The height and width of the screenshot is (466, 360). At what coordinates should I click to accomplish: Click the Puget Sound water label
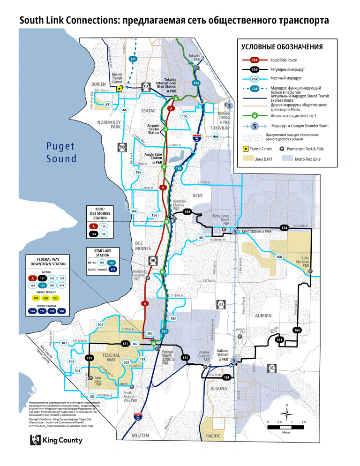point(61,152)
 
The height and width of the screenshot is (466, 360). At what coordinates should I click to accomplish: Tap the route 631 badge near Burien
point(108,104)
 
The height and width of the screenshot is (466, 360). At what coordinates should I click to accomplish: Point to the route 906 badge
point(215,136)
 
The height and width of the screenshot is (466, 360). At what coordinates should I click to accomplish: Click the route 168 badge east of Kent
point(279,256)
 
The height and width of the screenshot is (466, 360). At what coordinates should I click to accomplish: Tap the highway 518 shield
point(146,87)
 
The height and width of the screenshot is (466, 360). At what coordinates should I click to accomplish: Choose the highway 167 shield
point(221,305)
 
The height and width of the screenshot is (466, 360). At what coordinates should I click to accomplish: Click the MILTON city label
point(140,436)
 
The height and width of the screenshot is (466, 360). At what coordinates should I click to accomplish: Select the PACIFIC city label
point(214,436)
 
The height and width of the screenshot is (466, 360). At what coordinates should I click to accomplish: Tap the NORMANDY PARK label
point(109,124)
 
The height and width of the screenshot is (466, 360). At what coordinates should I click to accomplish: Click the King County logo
point(56,440)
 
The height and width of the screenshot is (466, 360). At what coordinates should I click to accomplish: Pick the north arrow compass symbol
point(286,412)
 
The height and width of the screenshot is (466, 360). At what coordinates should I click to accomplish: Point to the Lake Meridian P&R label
point(306,262)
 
